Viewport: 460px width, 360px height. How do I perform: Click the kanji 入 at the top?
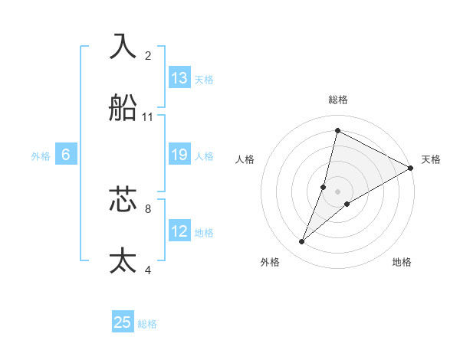click(x=123, y=46)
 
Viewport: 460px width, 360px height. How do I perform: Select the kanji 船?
click(x=123, y=108)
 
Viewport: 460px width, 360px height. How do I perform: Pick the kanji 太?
click(x=123, y=260)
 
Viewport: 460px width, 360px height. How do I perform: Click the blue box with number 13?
click(x=179, y=78)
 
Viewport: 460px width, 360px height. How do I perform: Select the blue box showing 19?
click(x=179, y=155)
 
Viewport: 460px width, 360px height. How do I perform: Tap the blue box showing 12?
click(x=179, y=232)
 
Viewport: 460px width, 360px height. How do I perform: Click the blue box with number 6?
click(x=66, y=155)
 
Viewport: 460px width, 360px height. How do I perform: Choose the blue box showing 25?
click(x=123, y=322)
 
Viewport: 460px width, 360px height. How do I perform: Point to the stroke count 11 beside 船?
click(x=148, y=117)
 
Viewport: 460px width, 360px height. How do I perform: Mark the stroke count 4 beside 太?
click(x=148, y=270)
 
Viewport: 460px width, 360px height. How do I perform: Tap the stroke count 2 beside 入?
click(x=148, y=55)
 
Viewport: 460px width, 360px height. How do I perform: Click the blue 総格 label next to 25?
click(x=147, y=324)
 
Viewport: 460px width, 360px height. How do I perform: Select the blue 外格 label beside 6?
click(x=41, y=156)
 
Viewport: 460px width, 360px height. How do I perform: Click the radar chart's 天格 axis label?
click(x=431, y=159)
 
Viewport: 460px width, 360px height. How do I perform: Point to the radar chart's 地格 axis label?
click(x=402, y=262)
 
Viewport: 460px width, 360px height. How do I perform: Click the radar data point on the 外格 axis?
click(x=302, y=242)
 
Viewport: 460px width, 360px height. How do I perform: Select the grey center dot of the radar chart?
click(x=337, y=191)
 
